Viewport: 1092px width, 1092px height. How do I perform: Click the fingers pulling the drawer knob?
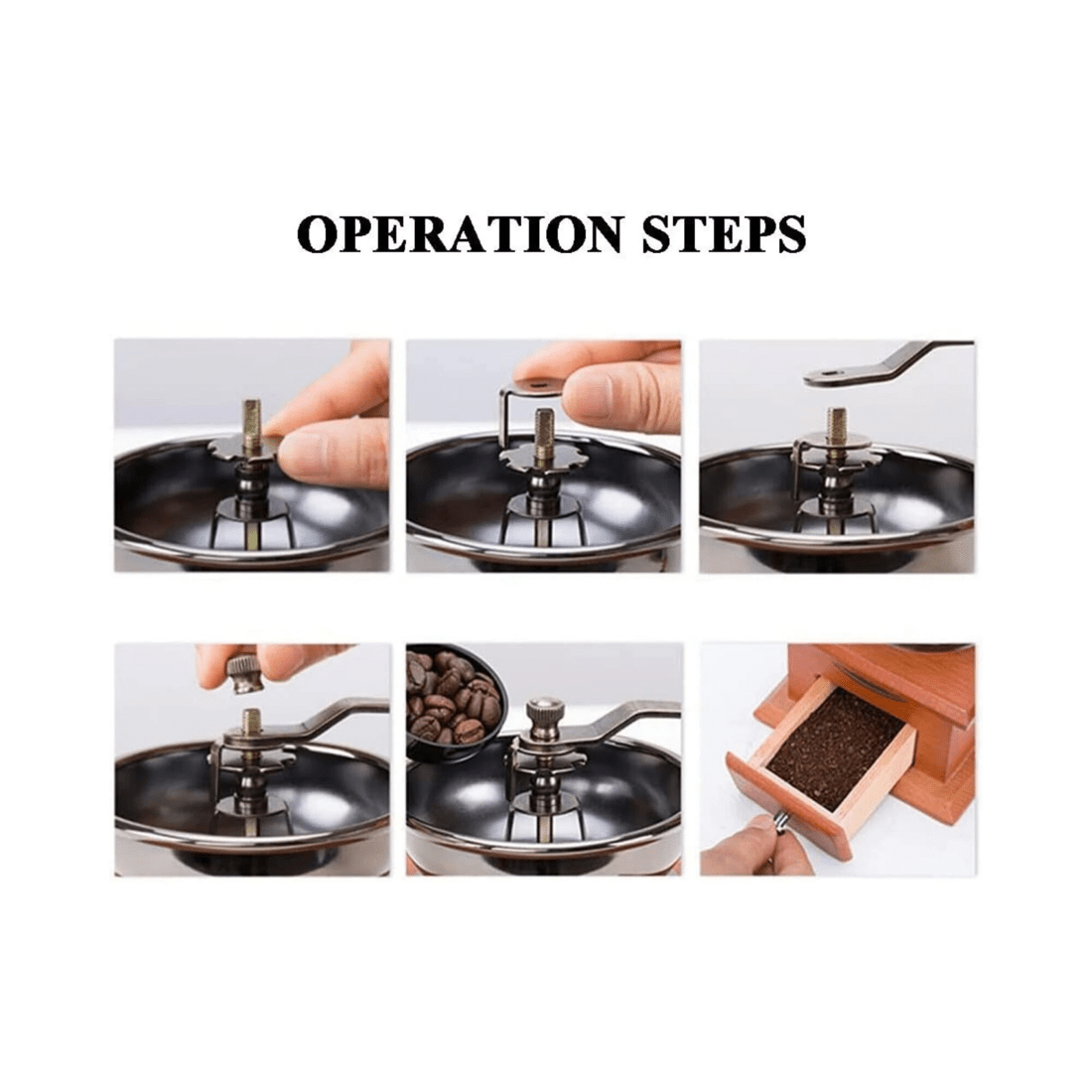(740, 844)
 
